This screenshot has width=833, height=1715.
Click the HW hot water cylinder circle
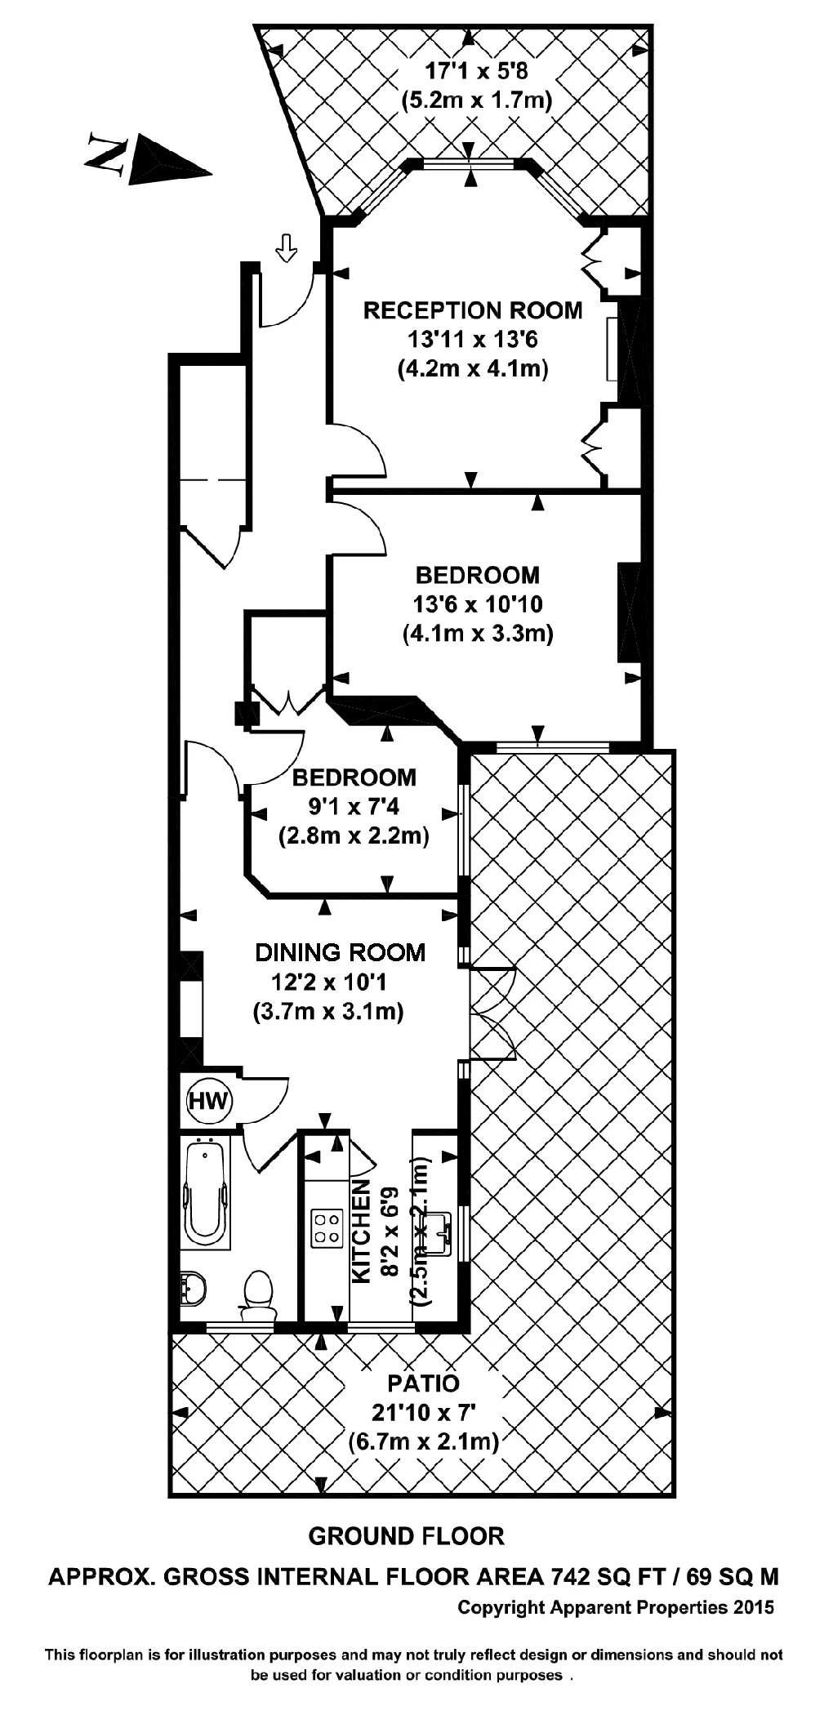(209, 1100)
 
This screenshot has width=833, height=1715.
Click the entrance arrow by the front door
(286, 247)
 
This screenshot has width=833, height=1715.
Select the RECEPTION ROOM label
(473, 310)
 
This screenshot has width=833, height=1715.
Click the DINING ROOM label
(340, 952)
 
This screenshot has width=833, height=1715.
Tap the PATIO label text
(423, 1383)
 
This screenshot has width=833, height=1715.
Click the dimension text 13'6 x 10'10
(478, 604)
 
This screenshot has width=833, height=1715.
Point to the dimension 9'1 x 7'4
(353, 807)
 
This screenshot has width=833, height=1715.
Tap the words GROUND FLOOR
(406, 1536)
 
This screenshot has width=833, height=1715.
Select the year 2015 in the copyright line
(753, 1607)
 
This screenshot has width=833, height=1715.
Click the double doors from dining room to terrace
(492, 1014)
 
